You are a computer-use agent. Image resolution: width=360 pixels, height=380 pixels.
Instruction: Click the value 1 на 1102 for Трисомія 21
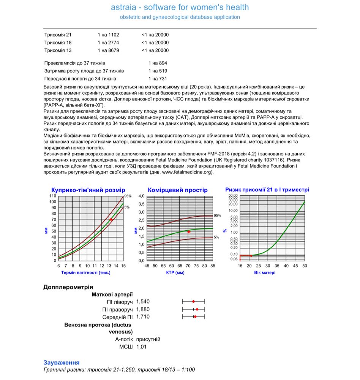(x=108, y=35)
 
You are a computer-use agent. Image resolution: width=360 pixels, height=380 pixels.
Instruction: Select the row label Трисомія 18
(x=58, y=43)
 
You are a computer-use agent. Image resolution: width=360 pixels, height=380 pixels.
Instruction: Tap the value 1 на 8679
(x=108, y=50)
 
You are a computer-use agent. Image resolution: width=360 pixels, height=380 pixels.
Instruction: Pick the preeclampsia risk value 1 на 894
(x=158, y=63)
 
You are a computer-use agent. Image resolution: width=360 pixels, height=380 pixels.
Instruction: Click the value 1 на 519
(x=158, y=71)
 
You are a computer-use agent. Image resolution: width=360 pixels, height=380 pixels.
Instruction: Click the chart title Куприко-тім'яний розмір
(x=88, y=190)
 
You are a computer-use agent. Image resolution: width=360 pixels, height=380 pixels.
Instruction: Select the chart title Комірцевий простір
(x=178, y=190)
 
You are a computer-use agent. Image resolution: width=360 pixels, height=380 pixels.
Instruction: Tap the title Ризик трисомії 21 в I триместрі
(x=267, y=190)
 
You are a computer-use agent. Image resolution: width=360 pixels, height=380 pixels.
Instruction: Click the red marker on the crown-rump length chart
(x=111, y=220)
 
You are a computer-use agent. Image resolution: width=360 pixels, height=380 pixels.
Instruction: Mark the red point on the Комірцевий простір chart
(x=188, y=231)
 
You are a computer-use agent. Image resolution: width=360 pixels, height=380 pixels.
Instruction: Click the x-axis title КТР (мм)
(x=175, y=273)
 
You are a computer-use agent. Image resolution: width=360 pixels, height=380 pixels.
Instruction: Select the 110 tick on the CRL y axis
(x=52, y=196)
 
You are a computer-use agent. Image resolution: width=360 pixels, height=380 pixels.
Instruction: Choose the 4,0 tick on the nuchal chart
(x=141, y=196)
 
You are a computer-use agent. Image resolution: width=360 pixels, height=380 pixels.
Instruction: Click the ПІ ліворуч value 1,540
(x=143, y=301)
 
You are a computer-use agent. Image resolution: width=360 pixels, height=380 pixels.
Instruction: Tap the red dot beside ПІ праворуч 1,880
(x=197, y=309)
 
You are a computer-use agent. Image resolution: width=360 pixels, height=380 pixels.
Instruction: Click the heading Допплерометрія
(x=68, y=287)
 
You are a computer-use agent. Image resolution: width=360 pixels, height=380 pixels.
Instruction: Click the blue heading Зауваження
(x=62, y=363)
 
